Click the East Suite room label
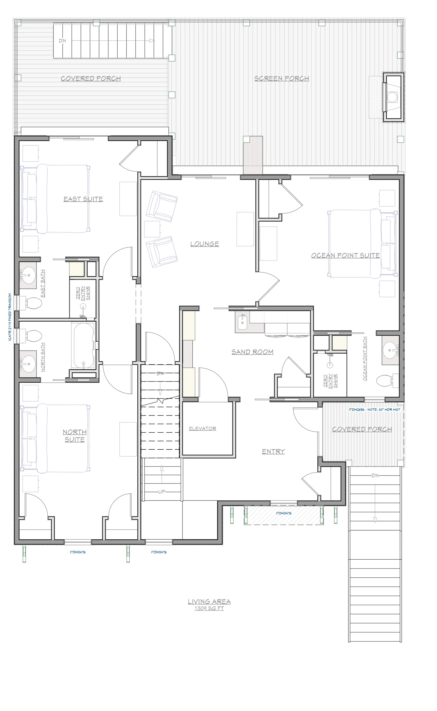tap(83, 199)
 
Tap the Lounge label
tap(205, 244)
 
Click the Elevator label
tap(203, 429)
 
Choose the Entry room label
tap(273, 451)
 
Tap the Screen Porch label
tap(282, 79)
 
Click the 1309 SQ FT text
tap(209, 608)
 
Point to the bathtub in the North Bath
tap(84, 346)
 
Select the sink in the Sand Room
tap(243, 322)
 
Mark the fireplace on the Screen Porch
tap(393, 97)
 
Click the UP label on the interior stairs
tap(162, 492)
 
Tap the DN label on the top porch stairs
tap(62, 41)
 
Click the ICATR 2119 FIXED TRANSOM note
tap(10, 317)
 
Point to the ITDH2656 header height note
tap(375, 409)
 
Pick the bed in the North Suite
tap(55, 438)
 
